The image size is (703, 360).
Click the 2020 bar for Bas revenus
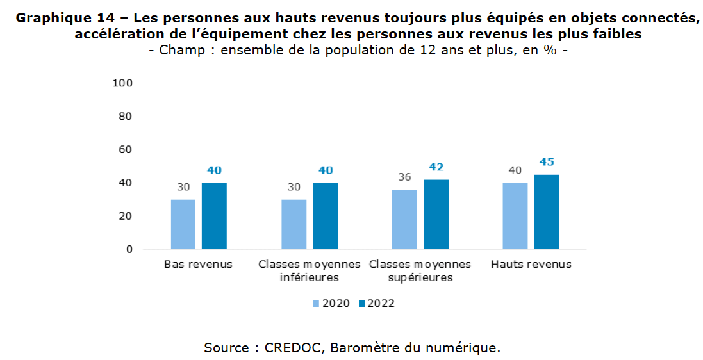[x=183, y=224]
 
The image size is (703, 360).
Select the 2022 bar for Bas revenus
[x=214, y=216]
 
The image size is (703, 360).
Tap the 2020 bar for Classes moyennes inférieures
[x=294, y=224]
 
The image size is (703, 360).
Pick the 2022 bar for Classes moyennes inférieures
[x=326, y=216]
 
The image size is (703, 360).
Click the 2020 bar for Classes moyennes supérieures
[x=404, y=219]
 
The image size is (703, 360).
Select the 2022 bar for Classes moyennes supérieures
[x=436, y=214]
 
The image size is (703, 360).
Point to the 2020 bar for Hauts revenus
[x=515, y=216]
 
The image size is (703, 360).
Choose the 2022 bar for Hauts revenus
[x=547, y=211]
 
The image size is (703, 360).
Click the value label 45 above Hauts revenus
[x=547, y=162]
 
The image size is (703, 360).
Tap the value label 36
[x=404, y=177]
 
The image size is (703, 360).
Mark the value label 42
[x=436, y=167]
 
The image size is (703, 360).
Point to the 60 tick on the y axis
[x=125, y=149]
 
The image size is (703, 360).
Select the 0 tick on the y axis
[x=129, y=249]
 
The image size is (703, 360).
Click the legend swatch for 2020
[x=316, y=303]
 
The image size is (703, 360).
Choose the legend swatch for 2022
[x=361, y=303]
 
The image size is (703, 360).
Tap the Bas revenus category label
[x=198, y=264]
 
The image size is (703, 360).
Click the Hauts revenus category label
[x=531, y=264]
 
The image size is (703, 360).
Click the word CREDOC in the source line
[x=295, y=348]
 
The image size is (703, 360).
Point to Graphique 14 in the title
[x=55, y=18]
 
